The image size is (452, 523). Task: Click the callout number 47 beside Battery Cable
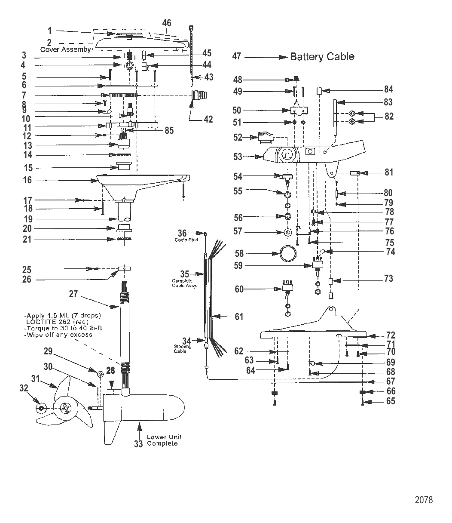point(237,56)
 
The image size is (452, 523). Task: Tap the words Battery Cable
point(322,56)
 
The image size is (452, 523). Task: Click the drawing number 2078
point(424,500)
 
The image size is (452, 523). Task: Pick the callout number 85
point(169,130)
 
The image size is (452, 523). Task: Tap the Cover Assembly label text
point(65,49)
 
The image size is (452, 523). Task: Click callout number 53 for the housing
point(238,157)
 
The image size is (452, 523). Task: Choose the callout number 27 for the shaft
point(73,294)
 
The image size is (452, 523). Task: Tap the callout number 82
point(389,117)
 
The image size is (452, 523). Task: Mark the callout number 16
point(27,180)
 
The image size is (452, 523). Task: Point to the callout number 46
point(167,23)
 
